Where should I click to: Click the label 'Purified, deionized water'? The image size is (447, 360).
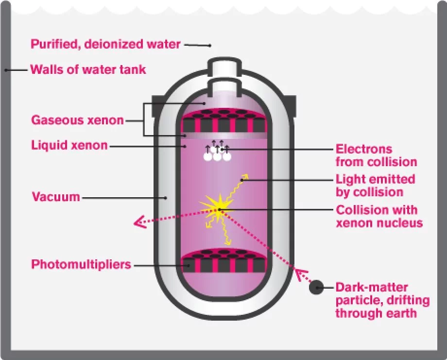(105, 44)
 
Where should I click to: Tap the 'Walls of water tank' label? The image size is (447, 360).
(88, 69)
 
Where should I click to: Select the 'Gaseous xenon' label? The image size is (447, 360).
(77, 120)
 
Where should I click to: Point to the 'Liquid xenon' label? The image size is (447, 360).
(69, 145)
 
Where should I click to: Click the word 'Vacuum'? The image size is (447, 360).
(55, 197)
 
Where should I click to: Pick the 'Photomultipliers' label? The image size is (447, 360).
(81, 265)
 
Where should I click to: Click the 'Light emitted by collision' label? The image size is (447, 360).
(376, 185)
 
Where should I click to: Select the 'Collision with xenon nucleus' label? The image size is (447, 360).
(379, 217)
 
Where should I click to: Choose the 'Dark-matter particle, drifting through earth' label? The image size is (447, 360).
(383, 300)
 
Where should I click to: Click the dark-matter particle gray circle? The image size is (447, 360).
(317, 287)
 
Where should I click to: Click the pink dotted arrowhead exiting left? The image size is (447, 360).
(140, 223)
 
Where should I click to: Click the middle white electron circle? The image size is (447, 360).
(218, 156)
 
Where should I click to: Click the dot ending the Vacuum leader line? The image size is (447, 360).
(166, 198)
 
